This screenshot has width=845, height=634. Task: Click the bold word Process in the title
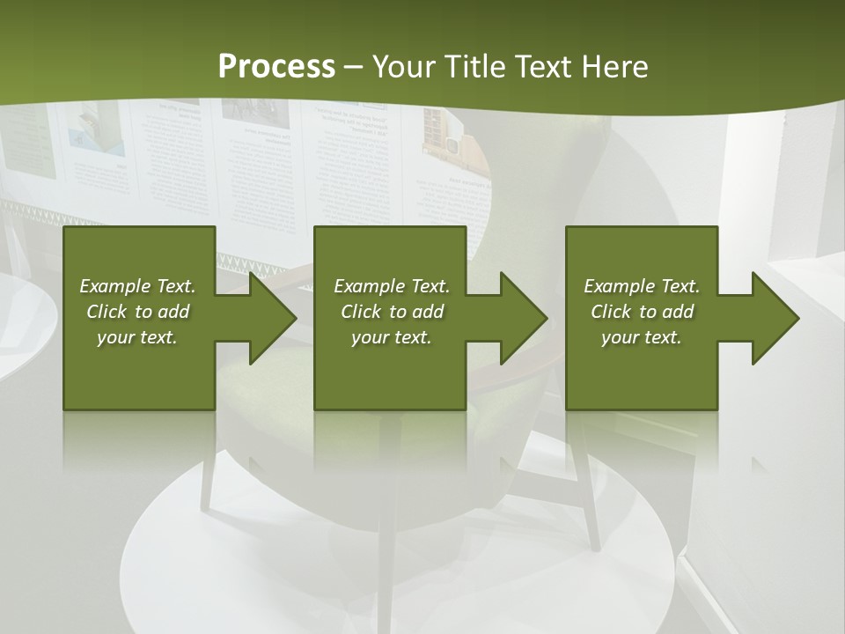tap(276, 67)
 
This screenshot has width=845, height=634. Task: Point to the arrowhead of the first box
tap(268, 318)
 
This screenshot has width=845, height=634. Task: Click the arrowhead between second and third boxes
tap(519, 318)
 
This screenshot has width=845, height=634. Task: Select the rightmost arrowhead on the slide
tap(771, 318)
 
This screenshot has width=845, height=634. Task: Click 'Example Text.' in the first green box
tap(137, 286)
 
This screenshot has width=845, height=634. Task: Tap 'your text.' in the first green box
tap(137, 337)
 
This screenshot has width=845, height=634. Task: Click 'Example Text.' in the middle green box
tap(392, 286)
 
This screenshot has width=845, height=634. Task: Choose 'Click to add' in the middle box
tap(392, 312)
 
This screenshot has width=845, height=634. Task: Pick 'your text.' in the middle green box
tap(392, 337)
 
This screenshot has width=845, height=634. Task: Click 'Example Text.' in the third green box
tap(642, 286)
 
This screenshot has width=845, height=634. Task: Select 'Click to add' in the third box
tap(642, 312)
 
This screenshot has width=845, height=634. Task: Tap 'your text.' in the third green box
tap(642, 337)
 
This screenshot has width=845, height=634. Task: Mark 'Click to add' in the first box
tap(137, 312)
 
